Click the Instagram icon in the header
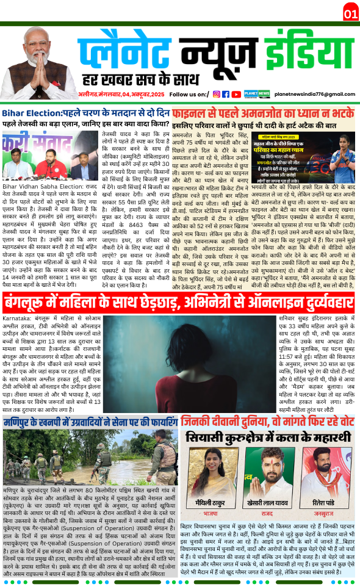216,94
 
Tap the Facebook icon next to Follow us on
226,94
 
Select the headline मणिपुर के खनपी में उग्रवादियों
90,387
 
